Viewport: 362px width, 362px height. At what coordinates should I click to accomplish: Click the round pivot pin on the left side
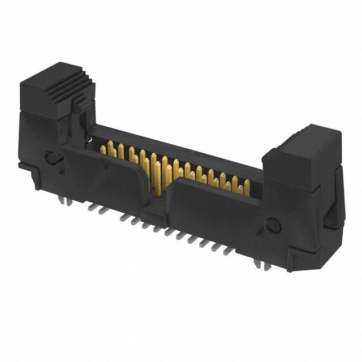(51, 157)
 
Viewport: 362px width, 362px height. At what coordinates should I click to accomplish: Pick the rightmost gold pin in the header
(247, 186)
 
